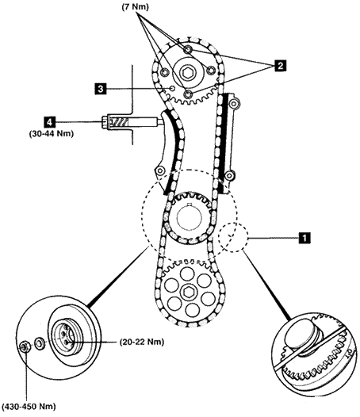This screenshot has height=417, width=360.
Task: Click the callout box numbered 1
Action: point(304,238)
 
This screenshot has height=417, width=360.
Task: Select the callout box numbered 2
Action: point(280,66)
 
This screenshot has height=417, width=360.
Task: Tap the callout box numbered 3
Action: point(101,89)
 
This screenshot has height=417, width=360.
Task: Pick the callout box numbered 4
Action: point(49,122)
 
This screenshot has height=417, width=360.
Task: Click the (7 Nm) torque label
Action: point(135,6)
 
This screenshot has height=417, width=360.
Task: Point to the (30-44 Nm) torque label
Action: point(51,133)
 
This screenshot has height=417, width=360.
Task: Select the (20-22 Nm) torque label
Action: point(142,342)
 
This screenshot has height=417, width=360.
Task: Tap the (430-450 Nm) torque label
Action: point(29,407)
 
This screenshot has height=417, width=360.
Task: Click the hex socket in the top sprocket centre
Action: point(188,72)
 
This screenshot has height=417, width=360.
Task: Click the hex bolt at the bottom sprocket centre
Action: point(188,292)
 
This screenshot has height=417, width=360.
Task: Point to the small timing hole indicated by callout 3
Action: point(172,88)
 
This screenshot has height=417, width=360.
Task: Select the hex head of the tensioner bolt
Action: point(105,123)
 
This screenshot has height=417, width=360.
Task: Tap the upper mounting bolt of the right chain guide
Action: point(234,103)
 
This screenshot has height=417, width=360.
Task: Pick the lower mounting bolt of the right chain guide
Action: point(228,175)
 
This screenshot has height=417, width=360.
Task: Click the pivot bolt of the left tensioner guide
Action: point(159,170)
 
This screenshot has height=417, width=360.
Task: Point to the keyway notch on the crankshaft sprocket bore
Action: point(190,205)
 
